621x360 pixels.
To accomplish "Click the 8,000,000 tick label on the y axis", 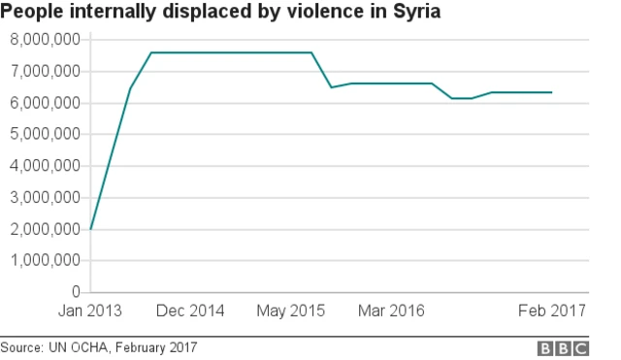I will point(44,40).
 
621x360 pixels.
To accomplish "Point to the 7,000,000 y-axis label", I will point(44,72).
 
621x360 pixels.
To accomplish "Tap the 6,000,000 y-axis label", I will point(44,103).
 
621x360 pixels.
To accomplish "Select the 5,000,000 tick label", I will point(44,134).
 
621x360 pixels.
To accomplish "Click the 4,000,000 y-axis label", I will point(44,166).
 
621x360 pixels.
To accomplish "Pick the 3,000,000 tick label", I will point(44,198).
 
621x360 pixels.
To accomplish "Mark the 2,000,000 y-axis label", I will point(44,229).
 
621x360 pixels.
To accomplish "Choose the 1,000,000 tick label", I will point(44,261).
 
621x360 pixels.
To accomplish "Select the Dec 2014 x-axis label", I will point(190,311).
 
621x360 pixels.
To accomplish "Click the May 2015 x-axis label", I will point(291,311).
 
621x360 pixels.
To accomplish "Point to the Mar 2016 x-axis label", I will point(392,311).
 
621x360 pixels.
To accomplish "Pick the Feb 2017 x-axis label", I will point(551,311).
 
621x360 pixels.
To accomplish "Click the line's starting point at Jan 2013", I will point(90,229).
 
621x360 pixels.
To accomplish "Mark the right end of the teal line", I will point(551,92).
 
